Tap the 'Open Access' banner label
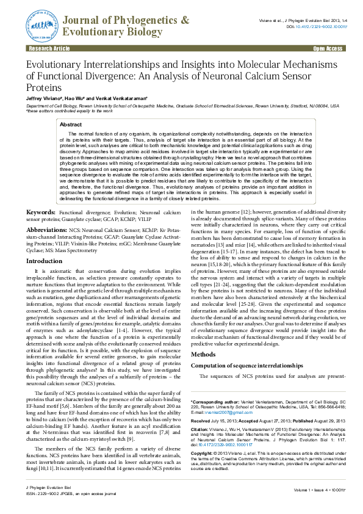(x=328, y=47)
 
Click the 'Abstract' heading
(x=70, y=124)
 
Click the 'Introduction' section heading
(x=44, y=261)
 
